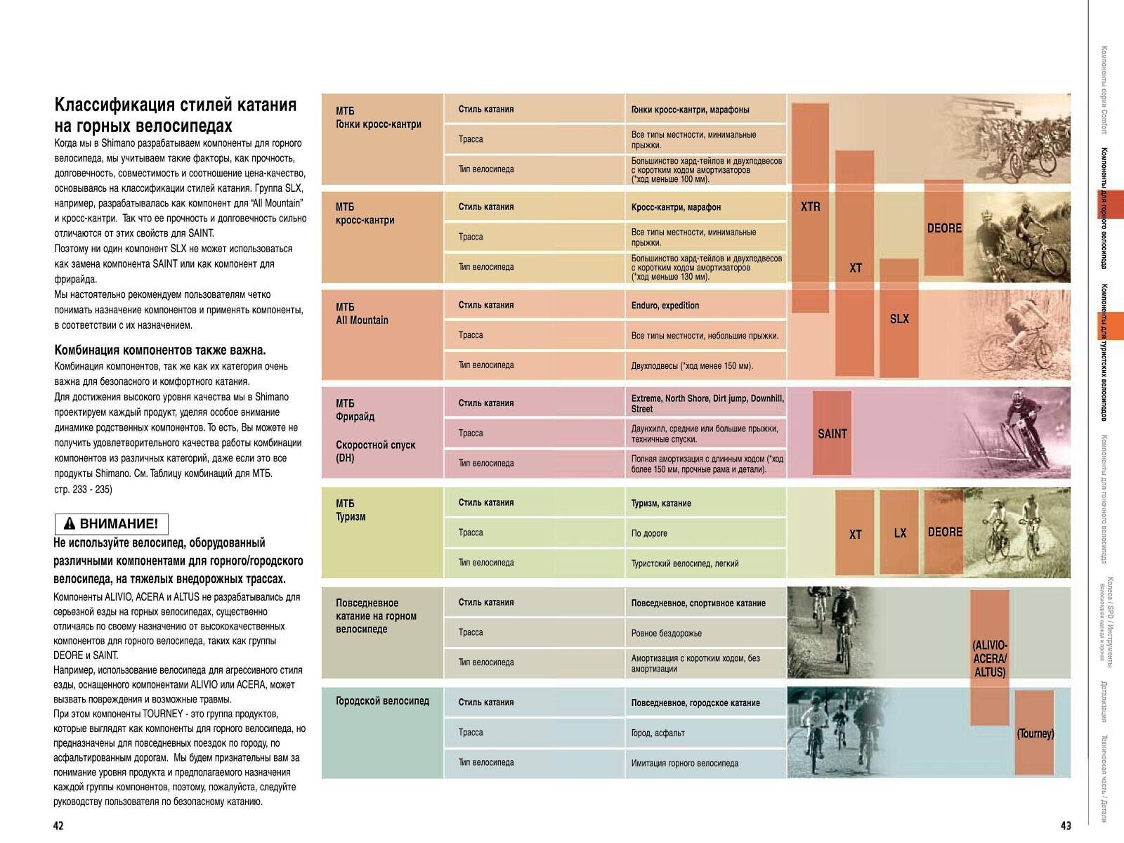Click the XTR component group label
pos(810,207)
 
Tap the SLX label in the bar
pos(899,319)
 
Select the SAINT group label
pos(832,434)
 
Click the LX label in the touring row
pos(900,533)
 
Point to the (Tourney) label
pos(1035,733)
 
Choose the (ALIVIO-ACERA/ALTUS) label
pos(990,658)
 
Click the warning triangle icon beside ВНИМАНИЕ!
pos(69,524)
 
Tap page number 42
pos(58,825)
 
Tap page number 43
pos(1066,825)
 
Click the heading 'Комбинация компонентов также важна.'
pos(160,350)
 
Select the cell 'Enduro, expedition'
pos(665,306)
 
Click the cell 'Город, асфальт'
pos(658,733)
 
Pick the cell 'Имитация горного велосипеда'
pos(684,763)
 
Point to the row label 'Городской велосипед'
pos(382,701)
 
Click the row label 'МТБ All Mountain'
pos(362,313)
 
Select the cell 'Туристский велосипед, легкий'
pos(684,563)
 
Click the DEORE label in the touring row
pos(945,532)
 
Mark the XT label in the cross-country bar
pos(855,268)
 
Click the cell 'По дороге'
pos(649,533)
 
